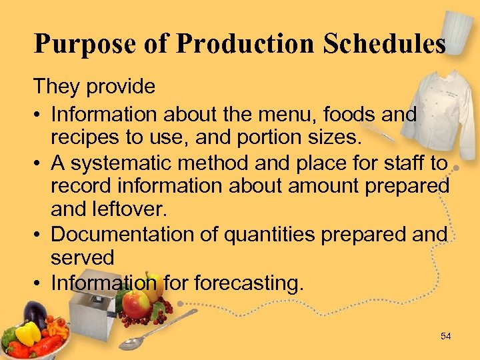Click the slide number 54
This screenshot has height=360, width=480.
(446, 336)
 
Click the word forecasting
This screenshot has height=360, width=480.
(248, 283)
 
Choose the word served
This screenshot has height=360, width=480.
(83, 258)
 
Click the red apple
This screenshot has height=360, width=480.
(136, 305)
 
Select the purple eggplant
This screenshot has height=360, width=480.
(35, 313)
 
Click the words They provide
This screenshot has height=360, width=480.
(95, 86)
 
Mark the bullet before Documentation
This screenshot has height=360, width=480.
(39, 235)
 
